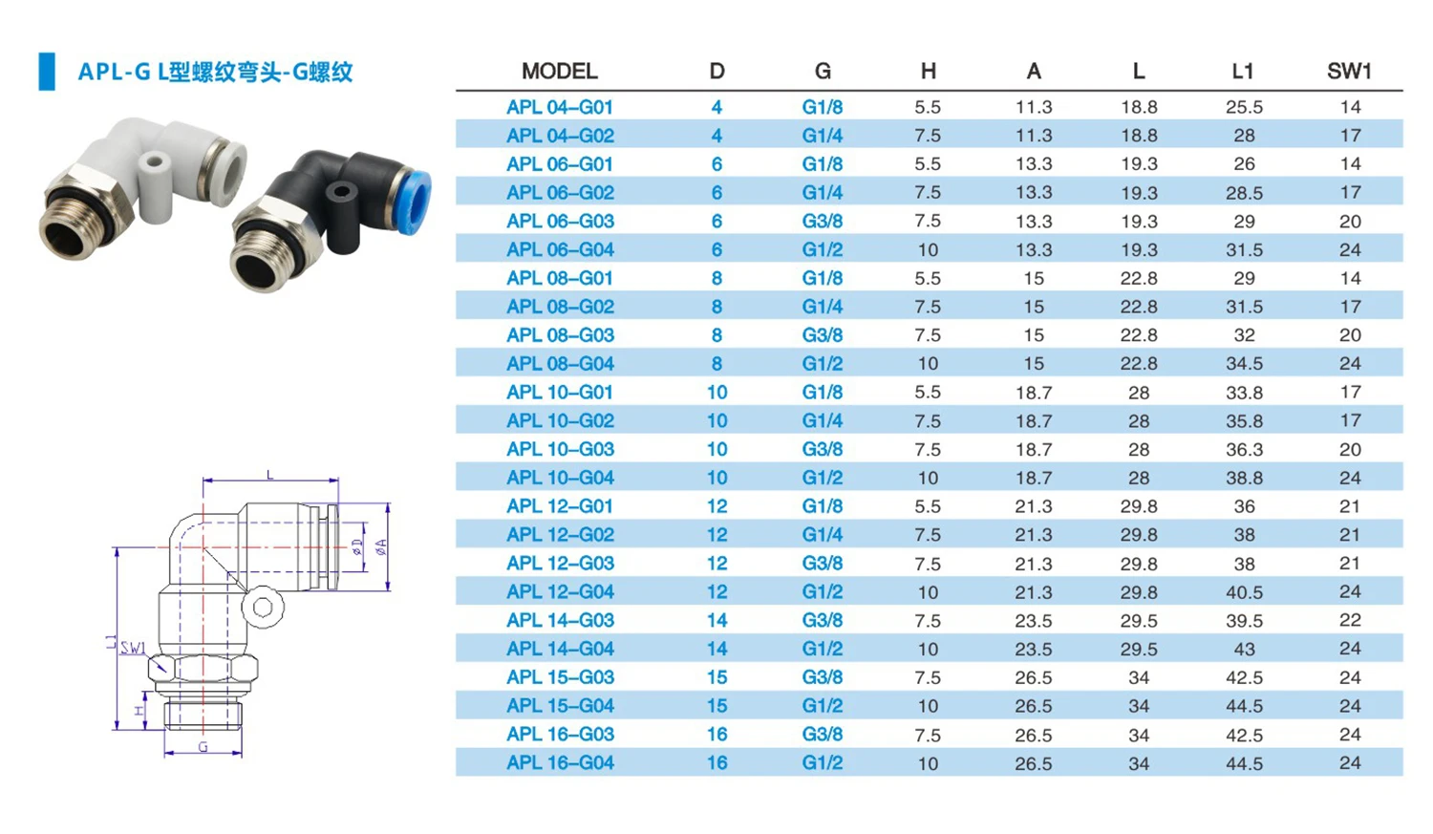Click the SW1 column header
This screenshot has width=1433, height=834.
click(1348, 71)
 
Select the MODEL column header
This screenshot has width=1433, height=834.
click(559, 71)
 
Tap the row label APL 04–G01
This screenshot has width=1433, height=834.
click(559, 107)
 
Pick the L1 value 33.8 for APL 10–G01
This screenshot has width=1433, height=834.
click(1244, 392)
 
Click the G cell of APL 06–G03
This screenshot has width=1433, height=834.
click(822, 221)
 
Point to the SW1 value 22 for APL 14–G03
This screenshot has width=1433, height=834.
click(1349, 620)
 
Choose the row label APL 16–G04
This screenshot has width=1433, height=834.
click(559, 762)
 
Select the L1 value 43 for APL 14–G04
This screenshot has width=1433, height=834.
click(1244, 649)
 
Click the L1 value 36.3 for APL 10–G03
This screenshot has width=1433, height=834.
click(1244, 449)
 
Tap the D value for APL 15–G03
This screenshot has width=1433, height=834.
click(716, 677)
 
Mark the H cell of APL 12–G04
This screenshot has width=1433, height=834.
click(928, 591)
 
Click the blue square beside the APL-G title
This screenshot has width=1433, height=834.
click(47, 72)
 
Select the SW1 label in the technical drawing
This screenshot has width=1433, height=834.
click(133, 648)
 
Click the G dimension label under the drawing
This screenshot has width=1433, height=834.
click(203, 747)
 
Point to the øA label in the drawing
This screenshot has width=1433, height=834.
click(381, 547)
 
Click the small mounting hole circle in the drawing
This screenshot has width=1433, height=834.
click(263, 607)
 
